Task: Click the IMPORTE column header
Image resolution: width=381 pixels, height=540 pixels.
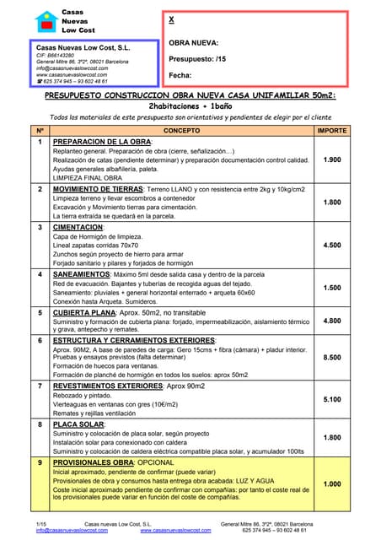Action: pos(331,131)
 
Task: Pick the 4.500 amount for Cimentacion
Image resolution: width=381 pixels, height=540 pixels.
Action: pos(331,245)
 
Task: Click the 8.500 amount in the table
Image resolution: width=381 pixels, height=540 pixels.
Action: pos(331,357)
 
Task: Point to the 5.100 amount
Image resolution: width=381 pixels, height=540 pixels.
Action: pos(331,399)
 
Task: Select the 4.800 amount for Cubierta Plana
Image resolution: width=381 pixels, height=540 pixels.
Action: pos(331,321)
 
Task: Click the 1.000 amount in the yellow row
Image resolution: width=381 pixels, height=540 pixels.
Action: pos(331,483)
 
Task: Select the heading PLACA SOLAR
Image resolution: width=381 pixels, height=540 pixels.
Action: pos(79,424)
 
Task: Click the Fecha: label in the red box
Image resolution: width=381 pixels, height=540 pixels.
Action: pos(180,75)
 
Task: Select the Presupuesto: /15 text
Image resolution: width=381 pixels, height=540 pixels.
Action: pos(197,58)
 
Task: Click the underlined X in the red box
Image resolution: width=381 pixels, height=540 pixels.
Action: pos(172,19)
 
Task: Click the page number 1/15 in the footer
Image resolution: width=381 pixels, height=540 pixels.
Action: pos(41,524)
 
